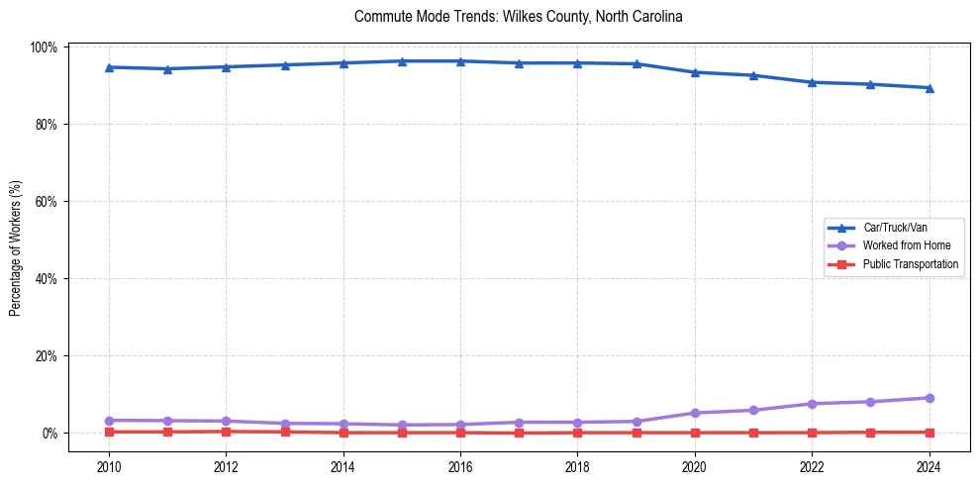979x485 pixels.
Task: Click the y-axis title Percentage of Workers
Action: tap(16, 247)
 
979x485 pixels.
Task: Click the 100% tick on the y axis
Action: tap(45, 48)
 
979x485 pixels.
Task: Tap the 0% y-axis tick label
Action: tap(50, 434)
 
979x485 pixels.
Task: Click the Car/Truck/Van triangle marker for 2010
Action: tap(109, 67)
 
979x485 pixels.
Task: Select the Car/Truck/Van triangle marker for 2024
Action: tap(930, 88)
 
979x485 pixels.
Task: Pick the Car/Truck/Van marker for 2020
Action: tap(695, 72)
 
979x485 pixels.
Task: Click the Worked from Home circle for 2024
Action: tap(930, 398)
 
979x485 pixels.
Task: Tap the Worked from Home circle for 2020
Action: tap(695, 413)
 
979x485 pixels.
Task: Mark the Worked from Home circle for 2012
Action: tap(226, 421)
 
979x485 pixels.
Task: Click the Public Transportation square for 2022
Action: tap(812, 433)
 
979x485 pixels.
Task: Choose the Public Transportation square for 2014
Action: tap(343, 433)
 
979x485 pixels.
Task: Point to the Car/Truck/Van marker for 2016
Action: tap(460, 61)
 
